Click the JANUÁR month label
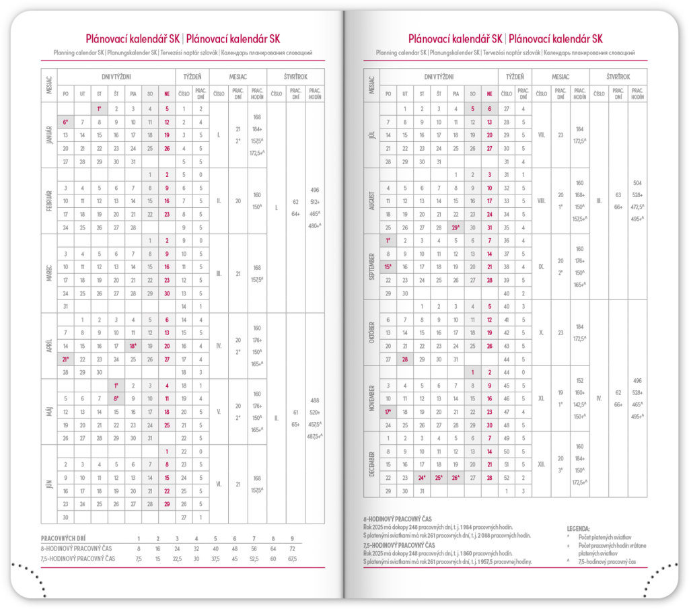(49, 135)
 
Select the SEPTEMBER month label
(372, 266)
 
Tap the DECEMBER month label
(372, 464)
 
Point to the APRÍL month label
(49, 345)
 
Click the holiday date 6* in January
(65, 122)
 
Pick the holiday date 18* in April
(133, 345)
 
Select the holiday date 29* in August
(456, 227)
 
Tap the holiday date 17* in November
(388, 412)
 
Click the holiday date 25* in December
(439, 478)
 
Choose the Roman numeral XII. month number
(541, 464)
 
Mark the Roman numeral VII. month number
(541, 135)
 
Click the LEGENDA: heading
(579, 529)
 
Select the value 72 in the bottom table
(292, 549)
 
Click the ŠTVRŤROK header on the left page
(296, 76)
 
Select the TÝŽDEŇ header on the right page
(515, 76)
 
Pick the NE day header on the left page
(166, 94)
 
